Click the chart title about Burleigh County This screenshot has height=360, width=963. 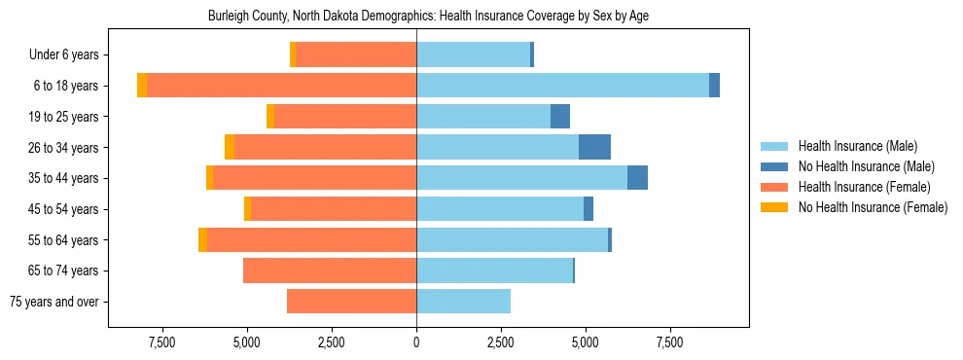tap(429, 17)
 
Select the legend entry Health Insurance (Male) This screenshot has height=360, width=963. tap(856, 146)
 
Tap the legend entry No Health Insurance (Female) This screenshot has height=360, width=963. tap(872, 207)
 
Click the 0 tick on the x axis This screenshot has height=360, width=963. tap(416, 342)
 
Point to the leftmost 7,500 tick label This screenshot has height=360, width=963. tap(162, 342)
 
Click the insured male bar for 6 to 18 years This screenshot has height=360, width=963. tap(562, 86)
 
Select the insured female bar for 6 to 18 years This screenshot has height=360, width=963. tap(282, 86)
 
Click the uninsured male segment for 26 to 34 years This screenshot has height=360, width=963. tap(594, 147)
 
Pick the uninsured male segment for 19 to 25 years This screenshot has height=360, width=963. tap(560, 117)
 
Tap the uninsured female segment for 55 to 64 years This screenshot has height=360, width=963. tap(202, 239)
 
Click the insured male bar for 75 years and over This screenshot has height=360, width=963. tap(463, 302)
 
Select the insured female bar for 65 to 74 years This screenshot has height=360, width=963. tap(330, 270)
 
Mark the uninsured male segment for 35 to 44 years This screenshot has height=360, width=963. tap(637, 178)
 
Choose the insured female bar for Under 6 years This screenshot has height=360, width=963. tap(356, 55)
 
